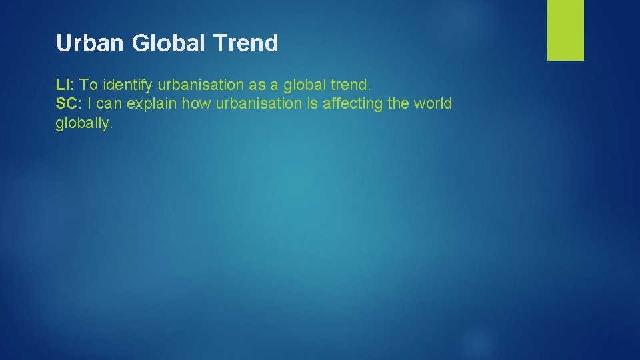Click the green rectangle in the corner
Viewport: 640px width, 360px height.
coord(565,29)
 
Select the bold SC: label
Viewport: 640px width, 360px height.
coord(68,103)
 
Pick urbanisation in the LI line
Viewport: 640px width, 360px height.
coord(197,85)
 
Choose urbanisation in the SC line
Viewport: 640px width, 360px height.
coord(248,103)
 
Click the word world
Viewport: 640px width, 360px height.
coord(433,103)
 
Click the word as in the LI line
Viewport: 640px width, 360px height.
coord(256,85)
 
